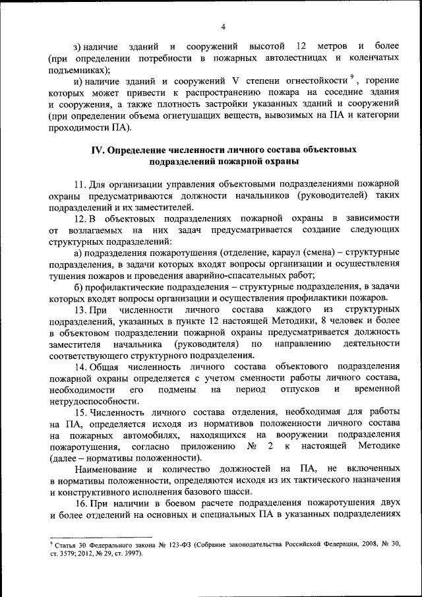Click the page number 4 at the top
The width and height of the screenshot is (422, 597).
[x=223, y=26]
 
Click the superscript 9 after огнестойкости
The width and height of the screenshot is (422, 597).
[x=353, y=79]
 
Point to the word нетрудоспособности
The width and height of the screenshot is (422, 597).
[x=93, y=400]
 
